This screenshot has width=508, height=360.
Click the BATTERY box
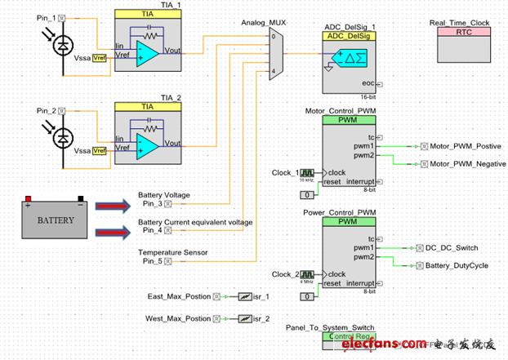pos(56,220)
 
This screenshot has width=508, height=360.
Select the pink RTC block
pos(464,32)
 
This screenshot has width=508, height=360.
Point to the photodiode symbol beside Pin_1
pos(59,47)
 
